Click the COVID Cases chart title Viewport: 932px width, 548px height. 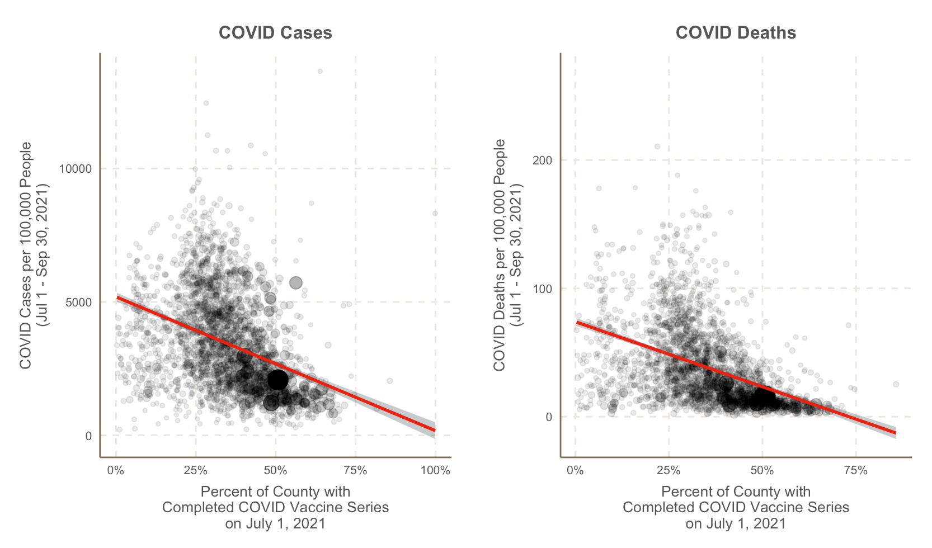coord(275,33)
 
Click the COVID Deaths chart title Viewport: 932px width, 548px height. coord(736,33)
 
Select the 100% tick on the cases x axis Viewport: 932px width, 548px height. coord(435,470)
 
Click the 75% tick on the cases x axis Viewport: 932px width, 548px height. coord(355,470)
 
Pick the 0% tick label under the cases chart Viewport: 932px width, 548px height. coord(116,470)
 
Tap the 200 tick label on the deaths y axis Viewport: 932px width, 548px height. coord(542,160)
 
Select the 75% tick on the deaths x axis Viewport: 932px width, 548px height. coord(855,470)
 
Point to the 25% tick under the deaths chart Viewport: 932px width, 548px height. coord(669,470)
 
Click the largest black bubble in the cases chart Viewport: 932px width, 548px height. coord(277,380)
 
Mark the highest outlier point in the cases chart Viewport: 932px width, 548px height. coord(320,72)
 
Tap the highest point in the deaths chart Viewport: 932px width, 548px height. coord(657,147)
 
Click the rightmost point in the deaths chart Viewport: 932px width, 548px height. coord(896,384)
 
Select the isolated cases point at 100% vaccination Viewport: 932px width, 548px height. coord(435,213)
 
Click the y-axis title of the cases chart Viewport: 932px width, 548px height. coord(34,255)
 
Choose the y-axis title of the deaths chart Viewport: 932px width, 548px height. coord(507,255)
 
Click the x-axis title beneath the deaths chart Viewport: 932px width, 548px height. coord(736,507)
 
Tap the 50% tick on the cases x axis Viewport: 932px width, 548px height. coord(275,470)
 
